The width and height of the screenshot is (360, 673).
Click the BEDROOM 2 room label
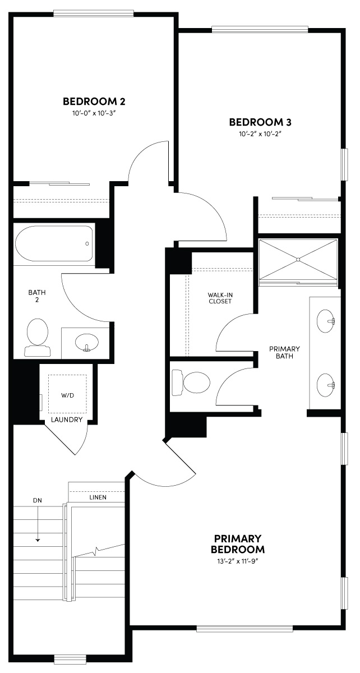pyautogui.click(x=94, y=102)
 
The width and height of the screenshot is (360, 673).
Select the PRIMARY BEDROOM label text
pyautogui.click(x=238, y=543)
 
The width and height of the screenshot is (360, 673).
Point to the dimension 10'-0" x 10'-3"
pyautogui.click(x=94, y=113)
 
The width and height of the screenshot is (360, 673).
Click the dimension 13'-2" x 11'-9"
pyautogui.click(x=238, y=561)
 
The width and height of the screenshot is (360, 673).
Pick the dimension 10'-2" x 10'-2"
pyautogui.click(x=260, y=134)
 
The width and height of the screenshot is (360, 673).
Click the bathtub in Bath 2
pyautogui.click(x=54, y=244)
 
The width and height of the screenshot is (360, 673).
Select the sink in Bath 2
pyautogui.click(x=86, y=341)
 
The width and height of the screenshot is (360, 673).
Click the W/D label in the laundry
pyautogui.click(x=67, y=395)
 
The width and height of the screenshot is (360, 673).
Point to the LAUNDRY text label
pyautogui.click(x=67, y=420)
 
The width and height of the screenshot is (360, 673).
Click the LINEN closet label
pyautogui.click(x=98, y=497)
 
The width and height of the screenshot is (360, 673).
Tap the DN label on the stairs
pyautogui.click(x=38, y=500)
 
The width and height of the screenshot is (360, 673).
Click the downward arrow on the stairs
pyautogui.click(x=38, y=530)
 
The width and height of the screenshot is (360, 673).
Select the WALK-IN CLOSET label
pyautogui.click(x=219, y=297)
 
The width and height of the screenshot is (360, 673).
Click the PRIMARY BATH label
pyautogui.click(x=284, y=352)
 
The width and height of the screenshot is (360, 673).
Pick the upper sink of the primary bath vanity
pyautogui.click(x=326, y=321)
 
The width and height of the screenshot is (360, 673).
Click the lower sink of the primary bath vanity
pyautogui.click(x=326, y=385)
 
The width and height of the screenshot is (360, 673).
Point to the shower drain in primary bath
pyautogui.click(x=299, y=259)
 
